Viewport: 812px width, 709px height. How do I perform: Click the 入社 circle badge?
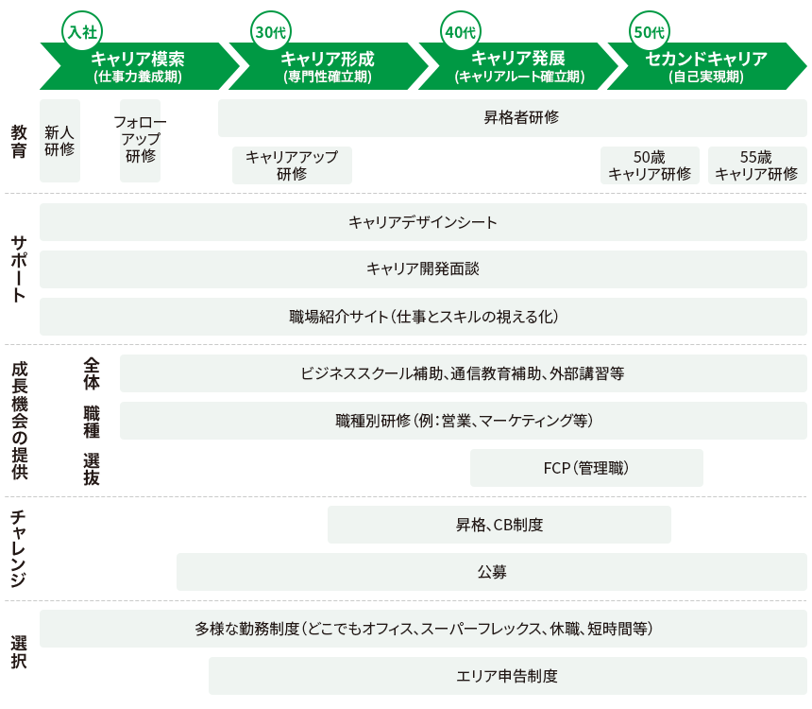coord(82,31)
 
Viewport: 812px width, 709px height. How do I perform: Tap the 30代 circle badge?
coord(271,31)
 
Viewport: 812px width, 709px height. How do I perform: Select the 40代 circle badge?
coord(461,31)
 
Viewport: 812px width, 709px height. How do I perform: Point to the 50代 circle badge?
coord(650,31)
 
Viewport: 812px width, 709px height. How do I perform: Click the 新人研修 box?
coord(60,141)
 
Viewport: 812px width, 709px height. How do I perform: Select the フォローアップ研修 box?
coord(140,141)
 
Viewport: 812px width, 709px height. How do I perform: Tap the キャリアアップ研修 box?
coord(292,165)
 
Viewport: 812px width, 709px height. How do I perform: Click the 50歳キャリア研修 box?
coord(650,165)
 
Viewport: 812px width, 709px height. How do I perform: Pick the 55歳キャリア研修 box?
coord(757,165)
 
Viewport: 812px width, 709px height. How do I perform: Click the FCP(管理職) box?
coord(586,468)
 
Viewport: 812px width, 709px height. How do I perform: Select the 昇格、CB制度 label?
coord(499,525)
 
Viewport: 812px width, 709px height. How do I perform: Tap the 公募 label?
coord(492,572)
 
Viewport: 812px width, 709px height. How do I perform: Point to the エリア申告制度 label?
coord(507,676)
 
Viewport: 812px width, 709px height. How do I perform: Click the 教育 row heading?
coord(19,141)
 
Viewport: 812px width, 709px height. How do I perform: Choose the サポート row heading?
coord(19,269)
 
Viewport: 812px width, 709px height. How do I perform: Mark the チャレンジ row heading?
coord(19,548)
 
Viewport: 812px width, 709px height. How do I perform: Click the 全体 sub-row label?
coord(92,373)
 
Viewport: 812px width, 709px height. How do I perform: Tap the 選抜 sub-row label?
coord(92,469)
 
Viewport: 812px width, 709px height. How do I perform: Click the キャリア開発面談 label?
coord(423,268)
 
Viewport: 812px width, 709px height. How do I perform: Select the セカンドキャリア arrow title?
coord(706,58)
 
